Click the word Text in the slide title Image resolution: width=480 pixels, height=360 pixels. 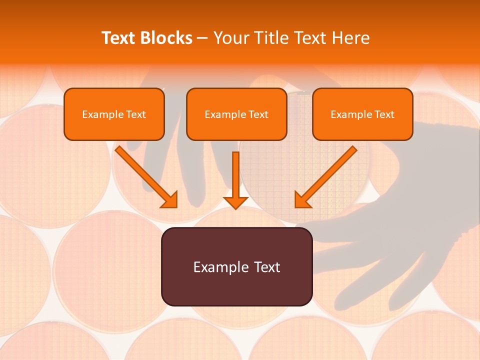pyautogui.click(x=119, y=38)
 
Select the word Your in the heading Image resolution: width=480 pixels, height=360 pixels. pyautogui.click(x=231, y=38)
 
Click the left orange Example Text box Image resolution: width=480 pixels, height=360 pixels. pyautogui.click(x=114, y=114)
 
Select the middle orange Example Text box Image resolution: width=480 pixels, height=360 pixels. pyautogui.click(x=236, y=114)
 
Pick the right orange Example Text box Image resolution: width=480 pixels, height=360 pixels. pyautogui.click(x=362, y=114)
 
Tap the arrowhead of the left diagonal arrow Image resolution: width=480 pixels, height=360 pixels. pyautogui.click(x=170, y=200)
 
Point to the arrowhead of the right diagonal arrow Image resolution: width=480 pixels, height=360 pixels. pyautogui.click(x=302, y=200)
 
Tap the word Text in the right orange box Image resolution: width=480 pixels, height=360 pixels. pyautogui.click(x=384, y=114)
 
